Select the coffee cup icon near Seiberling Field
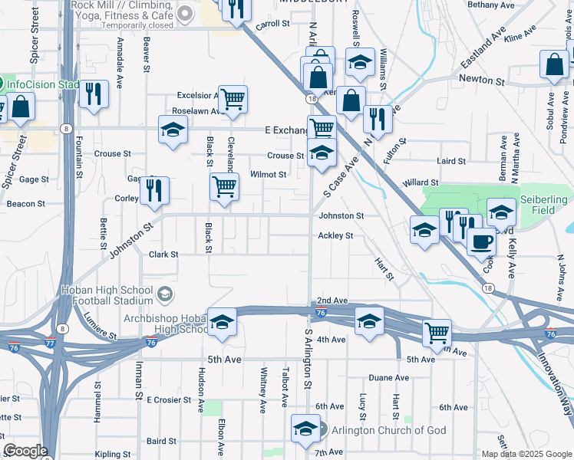[481, 241]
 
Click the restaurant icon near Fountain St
[94, 94]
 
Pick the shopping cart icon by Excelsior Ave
[233, 98]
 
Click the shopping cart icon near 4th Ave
[437, 333]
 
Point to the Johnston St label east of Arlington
[341, 216]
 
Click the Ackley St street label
[335, 235]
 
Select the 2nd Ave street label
[332, 301]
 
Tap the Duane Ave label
[388, 378]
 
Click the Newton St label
[482, 80]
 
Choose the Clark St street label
[163, 255]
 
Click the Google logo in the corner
[25, 451]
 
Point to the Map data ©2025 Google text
[526, 453]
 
